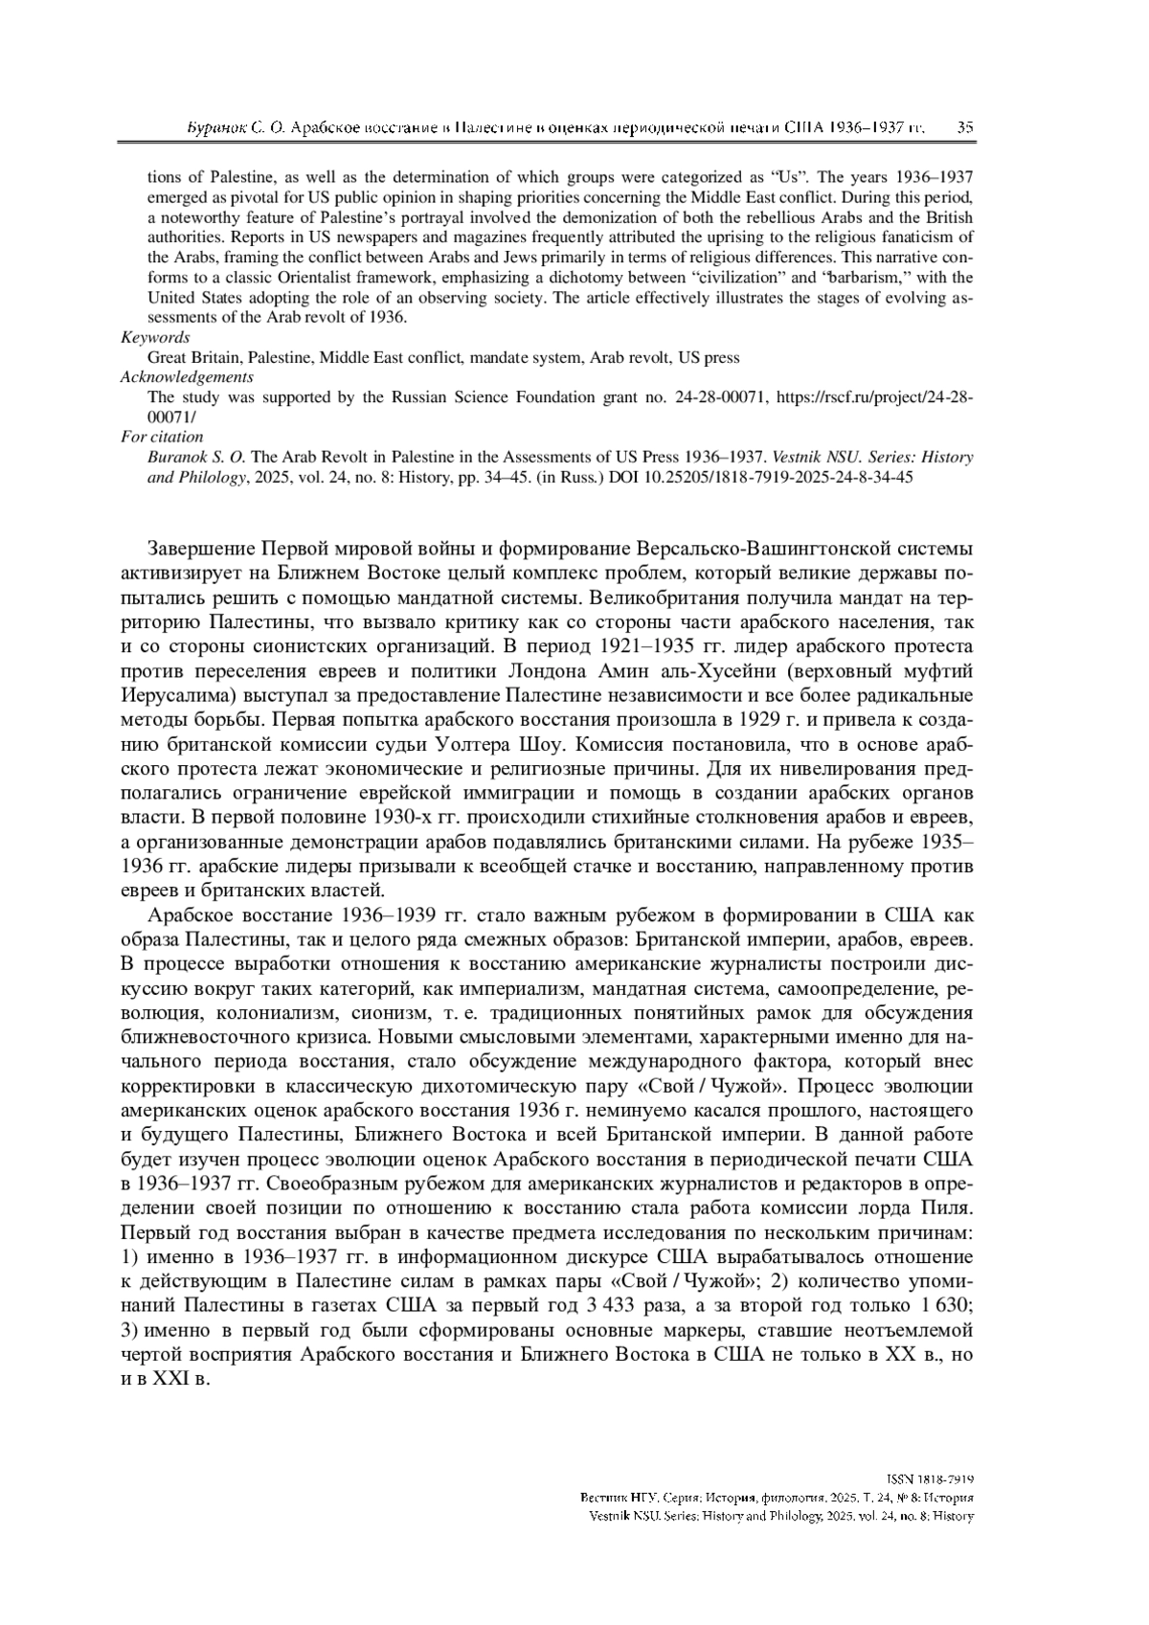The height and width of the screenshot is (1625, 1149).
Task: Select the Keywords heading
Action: pos(155,337)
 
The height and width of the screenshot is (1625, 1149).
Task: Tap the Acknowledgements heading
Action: pos(187,377)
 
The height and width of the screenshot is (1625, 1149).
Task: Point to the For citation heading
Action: pos(162,437)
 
